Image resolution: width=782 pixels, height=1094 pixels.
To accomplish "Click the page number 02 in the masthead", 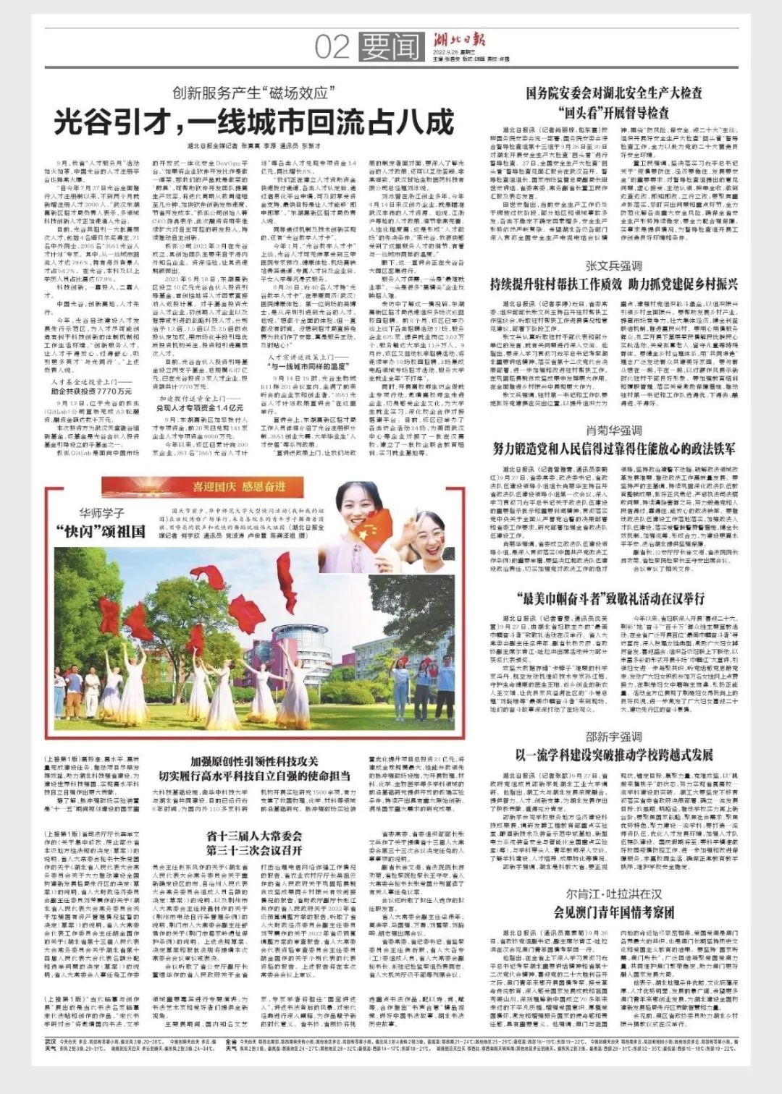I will pyautogui.click(x=332, y=47).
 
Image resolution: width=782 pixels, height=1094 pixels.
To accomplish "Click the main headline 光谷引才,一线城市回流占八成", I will pyautogui.click(x=253, y=122).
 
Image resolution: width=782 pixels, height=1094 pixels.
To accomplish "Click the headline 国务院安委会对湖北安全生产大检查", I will pyautogui.click(x=614, y=93).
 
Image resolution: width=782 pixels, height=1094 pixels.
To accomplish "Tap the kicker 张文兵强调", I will pyautogui.click(x=613, y=266).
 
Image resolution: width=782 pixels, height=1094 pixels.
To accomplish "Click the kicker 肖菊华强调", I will pyautogui.click(x=613, y=430).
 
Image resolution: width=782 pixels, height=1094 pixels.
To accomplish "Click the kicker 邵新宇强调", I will pyautogui.click(x=613, y=737).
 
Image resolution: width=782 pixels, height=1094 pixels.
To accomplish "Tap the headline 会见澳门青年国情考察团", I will pyautogui.click(x=613, y=911).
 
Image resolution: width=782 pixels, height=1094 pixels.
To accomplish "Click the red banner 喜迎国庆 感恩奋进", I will pyautogui.click(x=238, y=486).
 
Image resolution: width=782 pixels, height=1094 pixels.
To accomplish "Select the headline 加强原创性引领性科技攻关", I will pyautogui.click(x=253, y=761).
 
